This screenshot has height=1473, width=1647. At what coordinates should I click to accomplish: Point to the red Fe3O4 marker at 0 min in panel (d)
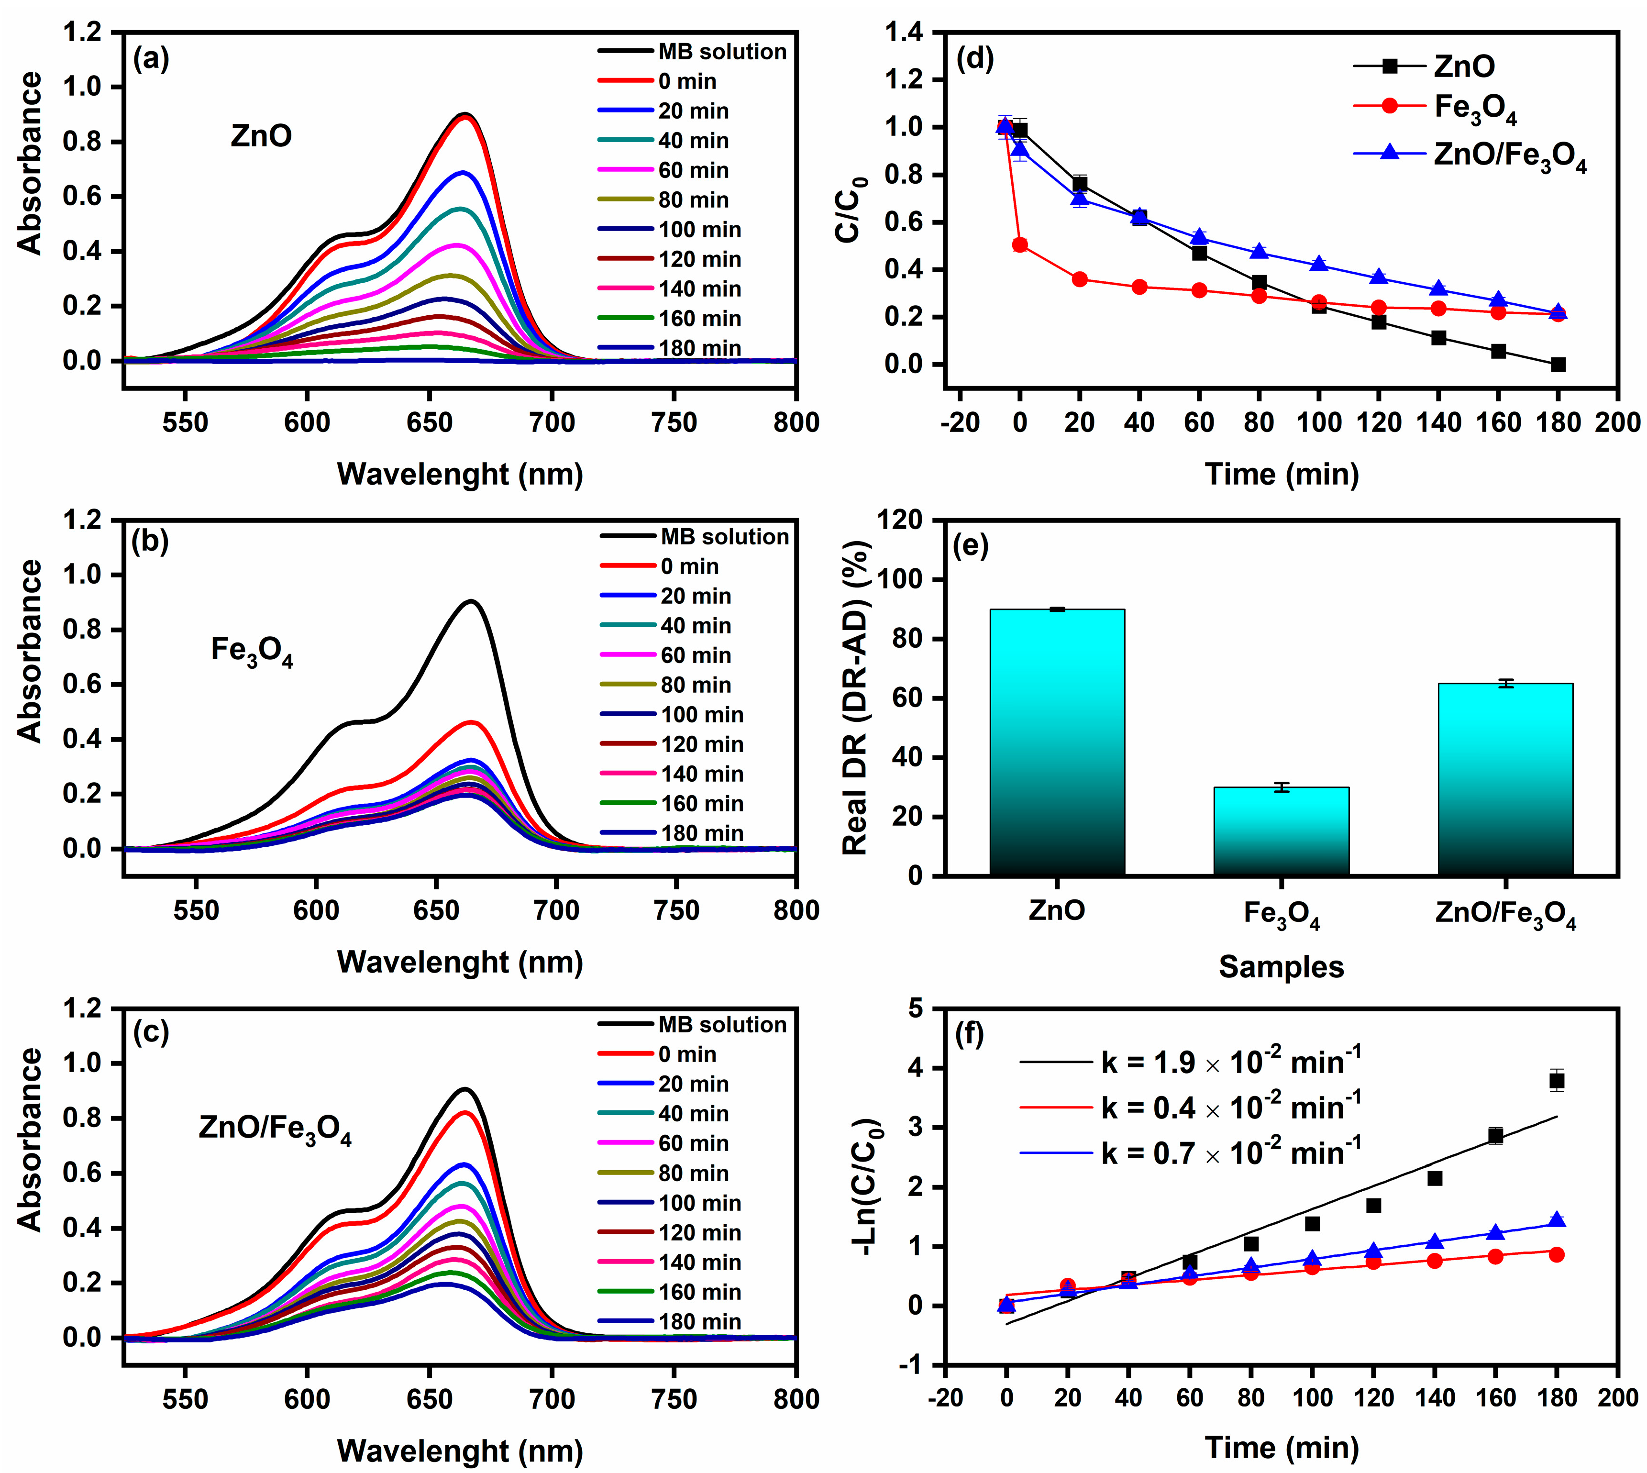(1020, 244)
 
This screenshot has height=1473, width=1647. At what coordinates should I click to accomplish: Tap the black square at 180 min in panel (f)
(1557, 1080)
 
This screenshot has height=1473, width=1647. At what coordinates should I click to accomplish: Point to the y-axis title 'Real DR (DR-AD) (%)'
(855, 698)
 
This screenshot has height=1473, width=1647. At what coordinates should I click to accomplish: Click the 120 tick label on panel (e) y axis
(903, 521)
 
